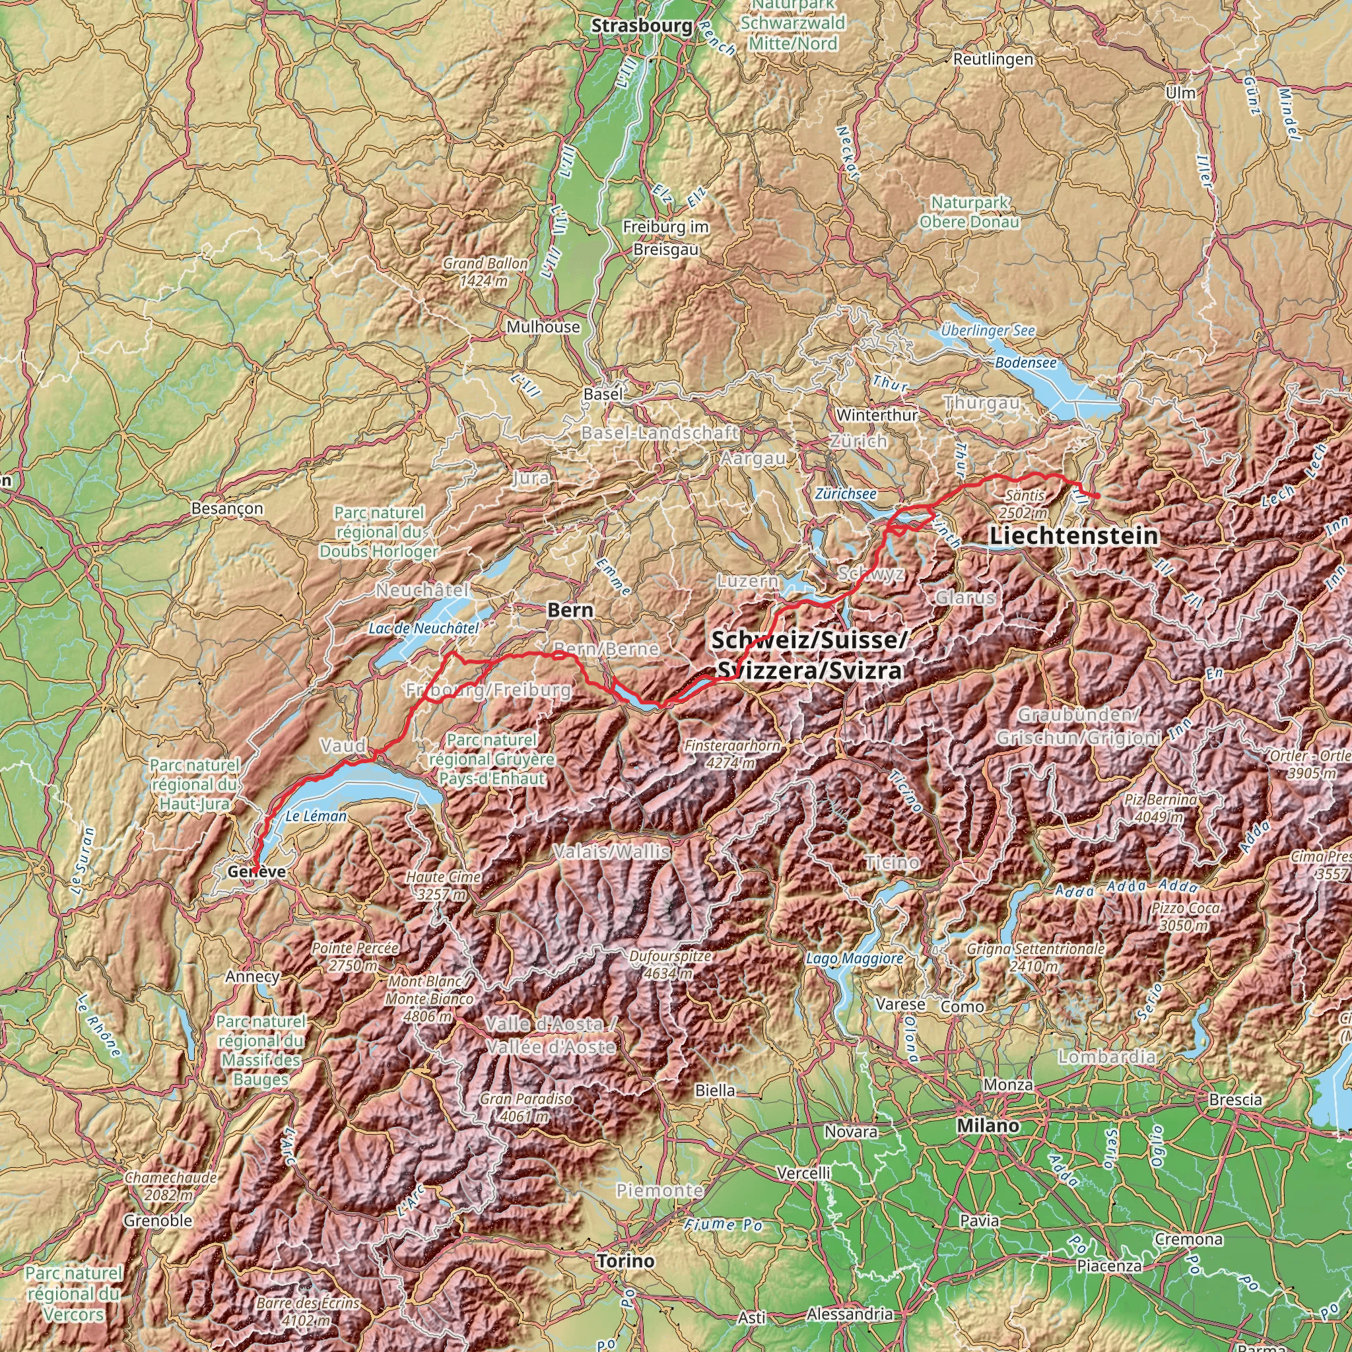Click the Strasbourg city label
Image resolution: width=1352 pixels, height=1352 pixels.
pos(642,26)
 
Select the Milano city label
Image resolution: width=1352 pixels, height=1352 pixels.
pos(988,1126)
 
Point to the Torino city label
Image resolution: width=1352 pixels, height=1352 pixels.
pos(626,1261)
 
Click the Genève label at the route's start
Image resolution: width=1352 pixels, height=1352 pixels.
pos(256,871)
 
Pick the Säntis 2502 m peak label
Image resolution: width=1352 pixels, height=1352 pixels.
pos(1025,504)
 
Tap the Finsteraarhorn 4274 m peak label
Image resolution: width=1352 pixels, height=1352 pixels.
pos(732,754)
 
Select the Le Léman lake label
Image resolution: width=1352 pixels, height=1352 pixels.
pos(316,816)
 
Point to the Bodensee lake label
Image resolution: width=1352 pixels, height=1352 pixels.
pos(1025,362)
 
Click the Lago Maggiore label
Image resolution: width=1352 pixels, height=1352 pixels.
pos(854,958)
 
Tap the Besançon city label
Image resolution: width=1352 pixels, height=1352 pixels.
pos(228,508)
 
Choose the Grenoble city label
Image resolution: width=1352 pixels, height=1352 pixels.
pos(158,1221)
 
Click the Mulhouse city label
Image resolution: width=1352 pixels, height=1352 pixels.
pos(543,327)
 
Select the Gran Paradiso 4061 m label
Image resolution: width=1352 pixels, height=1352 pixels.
pos(525,1107)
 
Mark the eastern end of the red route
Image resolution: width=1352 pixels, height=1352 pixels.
pos(1098,496)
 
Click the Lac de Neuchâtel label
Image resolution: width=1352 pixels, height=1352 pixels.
pos(423,628)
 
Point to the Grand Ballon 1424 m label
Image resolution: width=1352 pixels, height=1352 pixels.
pos(485,272)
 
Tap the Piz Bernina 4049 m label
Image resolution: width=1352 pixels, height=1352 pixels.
pos(1161,807)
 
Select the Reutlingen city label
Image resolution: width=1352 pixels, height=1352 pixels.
pos(992,59)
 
